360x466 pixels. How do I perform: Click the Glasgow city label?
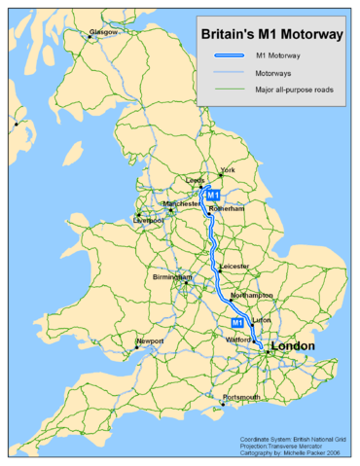103,32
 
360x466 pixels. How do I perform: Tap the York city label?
230,170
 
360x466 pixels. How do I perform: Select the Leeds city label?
196,181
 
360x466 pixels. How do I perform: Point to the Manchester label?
182,204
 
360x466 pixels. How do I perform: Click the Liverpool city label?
149,221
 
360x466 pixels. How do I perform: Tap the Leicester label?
234,266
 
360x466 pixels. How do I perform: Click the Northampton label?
251,295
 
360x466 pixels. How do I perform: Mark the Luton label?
260,320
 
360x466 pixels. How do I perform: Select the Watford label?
238,341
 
